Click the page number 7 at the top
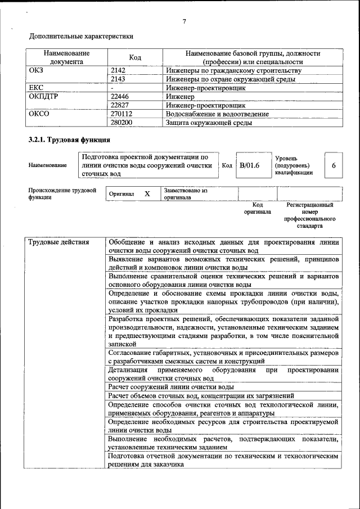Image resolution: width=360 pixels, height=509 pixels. (x=184, y=22)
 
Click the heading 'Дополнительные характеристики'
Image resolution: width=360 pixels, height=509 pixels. (x=81, y=37)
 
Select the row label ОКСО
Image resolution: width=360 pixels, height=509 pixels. (x=39, y=114)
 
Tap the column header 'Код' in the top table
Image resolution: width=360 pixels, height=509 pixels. (x=135, y=57)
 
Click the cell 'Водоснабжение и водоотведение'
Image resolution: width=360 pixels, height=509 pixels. (x=217, y=114)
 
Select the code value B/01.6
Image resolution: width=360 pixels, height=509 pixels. (x=249, y=165)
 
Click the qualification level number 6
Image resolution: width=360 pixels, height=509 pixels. (x=334, y=166)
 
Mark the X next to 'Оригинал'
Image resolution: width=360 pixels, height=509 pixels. (x=147, y=194)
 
